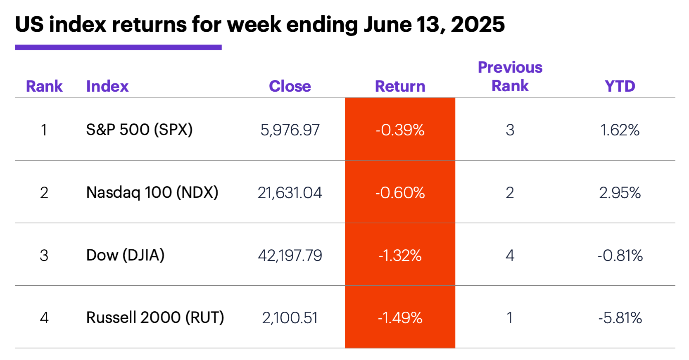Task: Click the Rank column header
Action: click(44, 86)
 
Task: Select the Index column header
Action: click(107, 86)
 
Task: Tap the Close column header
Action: click(290, 86)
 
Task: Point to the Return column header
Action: click(400, 86)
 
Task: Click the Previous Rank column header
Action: click(510, 77)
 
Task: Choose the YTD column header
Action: click(620, 86)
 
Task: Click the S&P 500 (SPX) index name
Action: click(139, 130)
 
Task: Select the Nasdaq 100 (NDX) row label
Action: click(152, 192)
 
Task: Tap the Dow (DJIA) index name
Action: click(125, 255)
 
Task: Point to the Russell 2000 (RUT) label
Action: click(155, 317)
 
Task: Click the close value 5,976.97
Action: click(290, 130)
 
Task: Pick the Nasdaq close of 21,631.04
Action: click(290, 193)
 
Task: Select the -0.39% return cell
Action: click(400, 130)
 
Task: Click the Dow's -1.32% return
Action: click(400, 256)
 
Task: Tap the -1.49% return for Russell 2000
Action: click(400, 318)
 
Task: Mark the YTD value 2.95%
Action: click(620, 193)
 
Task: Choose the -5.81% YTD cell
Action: click(620, 318)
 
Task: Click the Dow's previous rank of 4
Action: click(510, 256)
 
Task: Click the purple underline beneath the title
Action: click(118, 47)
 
